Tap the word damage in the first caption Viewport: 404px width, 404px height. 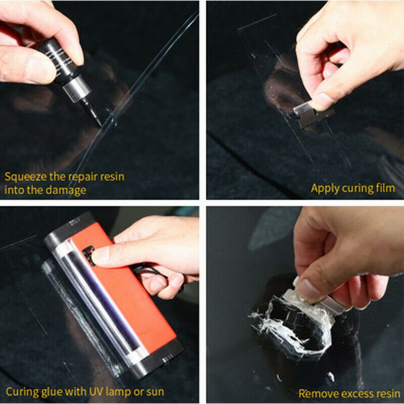coord(69,190)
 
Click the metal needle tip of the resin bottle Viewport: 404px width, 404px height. coord(97,119)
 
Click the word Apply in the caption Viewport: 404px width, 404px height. coord(324,188)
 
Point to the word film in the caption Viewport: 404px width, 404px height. coord(385,188)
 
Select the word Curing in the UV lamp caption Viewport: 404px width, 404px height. coord(20,391)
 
